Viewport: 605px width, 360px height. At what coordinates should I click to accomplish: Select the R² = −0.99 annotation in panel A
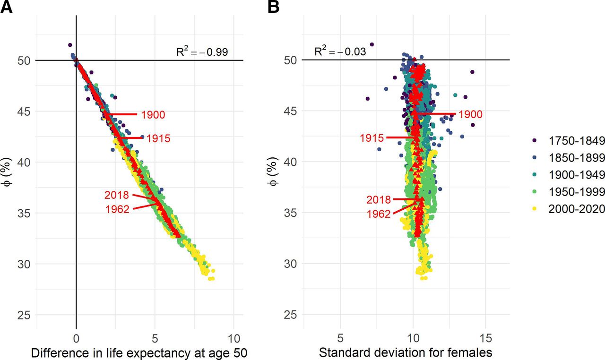click(202, 51)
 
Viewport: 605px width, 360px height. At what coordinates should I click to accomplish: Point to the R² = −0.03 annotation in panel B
click(341, 51)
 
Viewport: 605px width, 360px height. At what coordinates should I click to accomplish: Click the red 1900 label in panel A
click(153, 114)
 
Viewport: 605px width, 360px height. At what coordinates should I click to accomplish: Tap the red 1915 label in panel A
click(158, 138)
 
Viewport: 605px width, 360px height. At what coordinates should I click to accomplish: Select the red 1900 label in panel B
click(470, 114)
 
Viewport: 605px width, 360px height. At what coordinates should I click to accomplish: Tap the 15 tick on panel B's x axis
click(486, 338)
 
